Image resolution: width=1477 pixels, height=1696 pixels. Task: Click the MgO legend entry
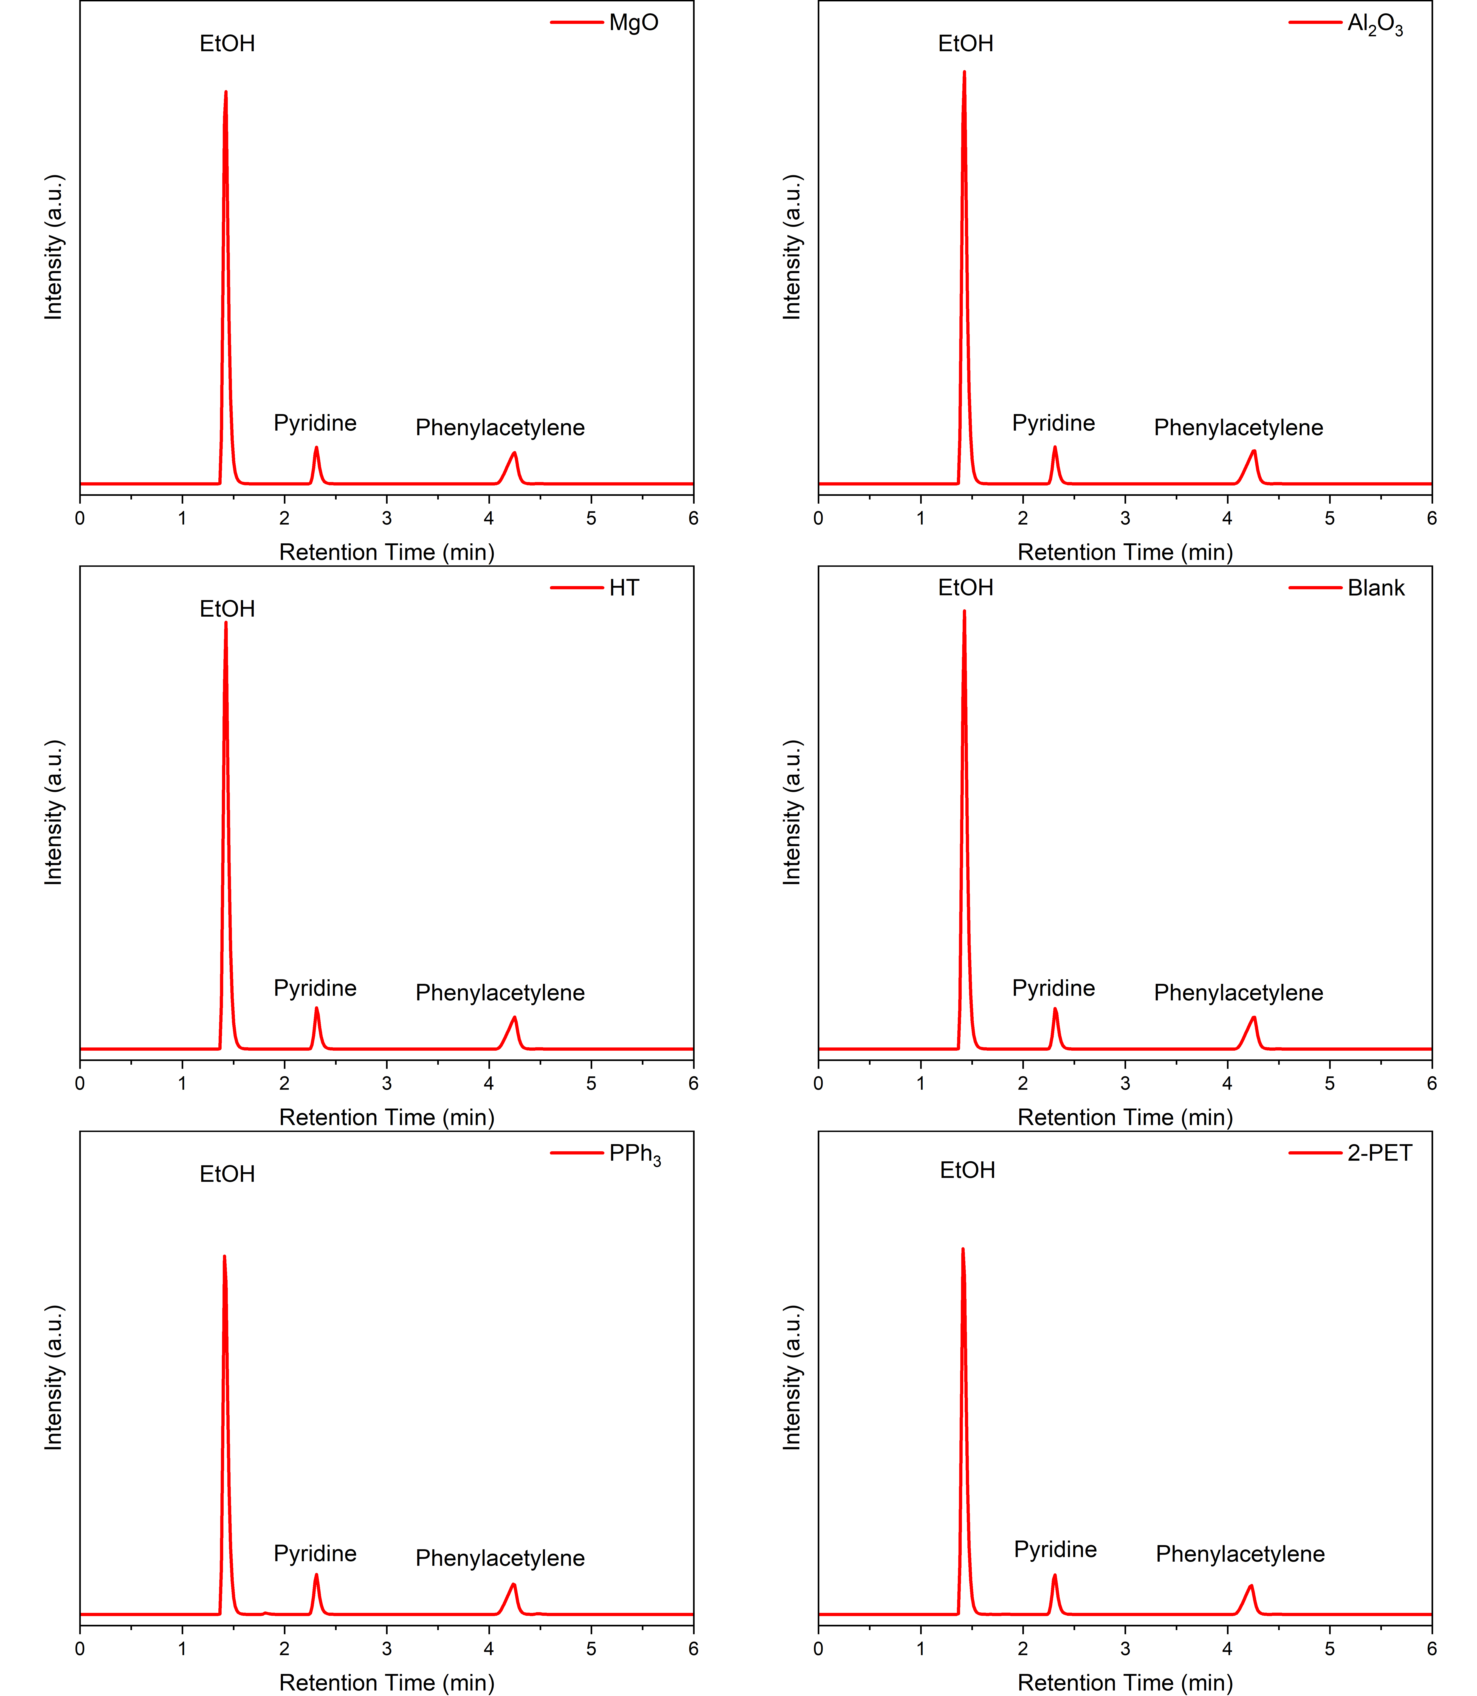coord(633,22)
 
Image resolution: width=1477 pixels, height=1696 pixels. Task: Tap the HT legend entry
coord(624,588)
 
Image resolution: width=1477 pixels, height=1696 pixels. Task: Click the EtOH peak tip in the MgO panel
coord(226,92)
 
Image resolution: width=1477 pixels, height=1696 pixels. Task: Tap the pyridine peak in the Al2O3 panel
coord(1054,448)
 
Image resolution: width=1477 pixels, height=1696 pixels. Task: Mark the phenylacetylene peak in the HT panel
coord(514,1018)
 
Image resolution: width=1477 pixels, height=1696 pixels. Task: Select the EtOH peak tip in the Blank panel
coord(964,612)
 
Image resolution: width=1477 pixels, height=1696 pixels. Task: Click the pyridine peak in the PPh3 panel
coord(316,1575)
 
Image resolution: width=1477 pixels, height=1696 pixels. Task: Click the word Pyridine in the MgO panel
coord(315,423)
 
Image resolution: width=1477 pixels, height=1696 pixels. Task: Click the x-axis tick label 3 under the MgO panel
coord(386,518)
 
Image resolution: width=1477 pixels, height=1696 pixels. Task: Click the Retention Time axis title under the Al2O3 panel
coord(1125,552)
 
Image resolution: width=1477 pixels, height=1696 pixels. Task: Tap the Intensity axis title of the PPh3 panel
coord(54,1378)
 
